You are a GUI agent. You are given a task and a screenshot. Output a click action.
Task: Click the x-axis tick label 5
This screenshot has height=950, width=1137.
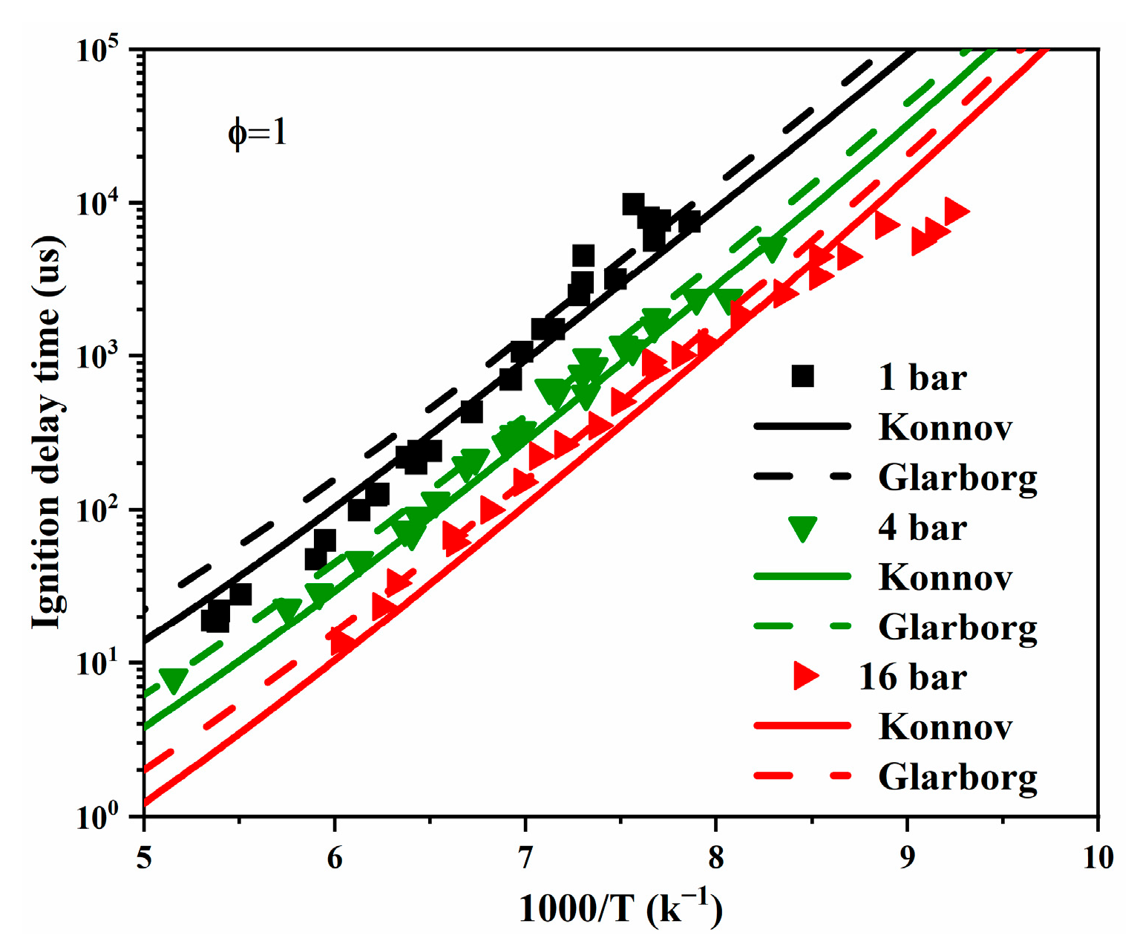point(144,858)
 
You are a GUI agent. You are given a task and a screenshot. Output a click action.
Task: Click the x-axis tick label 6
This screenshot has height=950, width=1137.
point(335,858)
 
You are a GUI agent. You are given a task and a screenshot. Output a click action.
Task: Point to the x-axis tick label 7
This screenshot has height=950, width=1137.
point(525,858)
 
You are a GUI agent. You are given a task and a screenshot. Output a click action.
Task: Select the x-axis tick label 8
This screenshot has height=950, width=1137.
point(715,858)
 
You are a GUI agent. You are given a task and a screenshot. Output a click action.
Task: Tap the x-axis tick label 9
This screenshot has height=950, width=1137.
point(907,858)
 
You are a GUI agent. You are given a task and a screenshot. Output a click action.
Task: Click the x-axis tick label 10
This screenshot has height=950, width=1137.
point(1098,858)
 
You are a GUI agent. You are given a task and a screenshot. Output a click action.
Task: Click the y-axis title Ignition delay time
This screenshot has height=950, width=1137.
point(46,431)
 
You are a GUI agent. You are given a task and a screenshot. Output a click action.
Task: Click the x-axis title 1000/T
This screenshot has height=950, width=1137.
point(620,908)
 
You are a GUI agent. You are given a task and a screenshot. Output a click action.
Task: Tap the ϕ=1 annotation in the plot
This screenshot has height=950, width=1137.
point(257,133)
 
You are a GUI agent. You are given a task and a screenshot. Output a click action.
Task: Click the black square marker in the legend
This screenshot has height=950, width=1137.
point(802,376)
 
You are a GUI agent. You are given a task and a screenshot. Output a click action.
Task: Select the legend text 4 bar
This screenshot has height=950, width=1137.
point(922,527)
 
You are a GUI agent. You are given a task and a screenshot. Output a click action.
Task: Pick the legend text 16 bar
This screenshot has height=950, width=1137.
point(912,677)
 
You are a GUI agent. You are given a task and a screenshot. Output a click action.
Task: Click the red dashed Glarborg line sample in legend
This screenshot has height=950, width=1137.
point(802,776)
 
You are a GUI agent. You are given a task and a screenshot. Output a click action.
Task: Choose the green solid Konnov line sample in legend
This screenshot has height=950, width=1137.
point(802,576)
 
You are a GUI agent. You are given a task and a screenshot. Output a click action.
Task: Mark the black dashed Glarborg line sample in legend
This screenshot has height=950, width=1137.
point(802,476)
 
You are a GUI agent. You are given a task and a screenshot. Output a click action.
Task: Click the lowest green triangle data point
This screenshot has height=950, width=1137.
point(174,680)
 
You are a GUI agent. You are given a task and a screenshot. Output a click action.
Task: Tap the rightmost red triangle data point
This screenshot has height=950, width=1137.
point(956,212)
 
